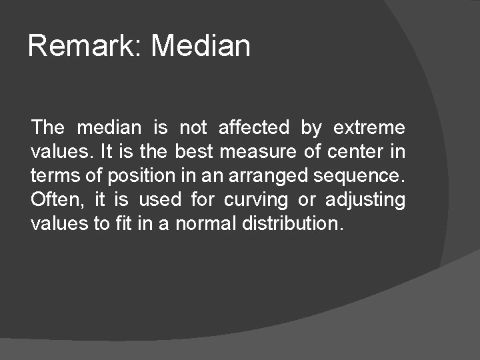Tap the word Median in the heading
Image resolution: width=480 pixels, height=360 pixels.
(x=201, y=46)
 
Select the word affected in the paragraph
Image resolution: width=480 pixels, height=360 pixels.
(x=253, y=127)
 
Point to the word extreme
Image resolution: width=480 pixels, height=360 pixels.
(x=369, y=127)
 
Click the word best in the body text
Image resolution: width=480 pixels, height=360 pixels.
(x=194, y=151)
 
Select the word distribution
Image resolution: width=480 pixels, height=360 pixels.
(x=295, y=223)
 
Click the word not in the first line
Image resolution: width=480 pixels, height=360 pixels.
(x=193, y=127)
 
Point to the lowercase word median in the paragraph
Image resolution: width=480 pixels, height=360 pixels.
(x=109, y=127)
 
